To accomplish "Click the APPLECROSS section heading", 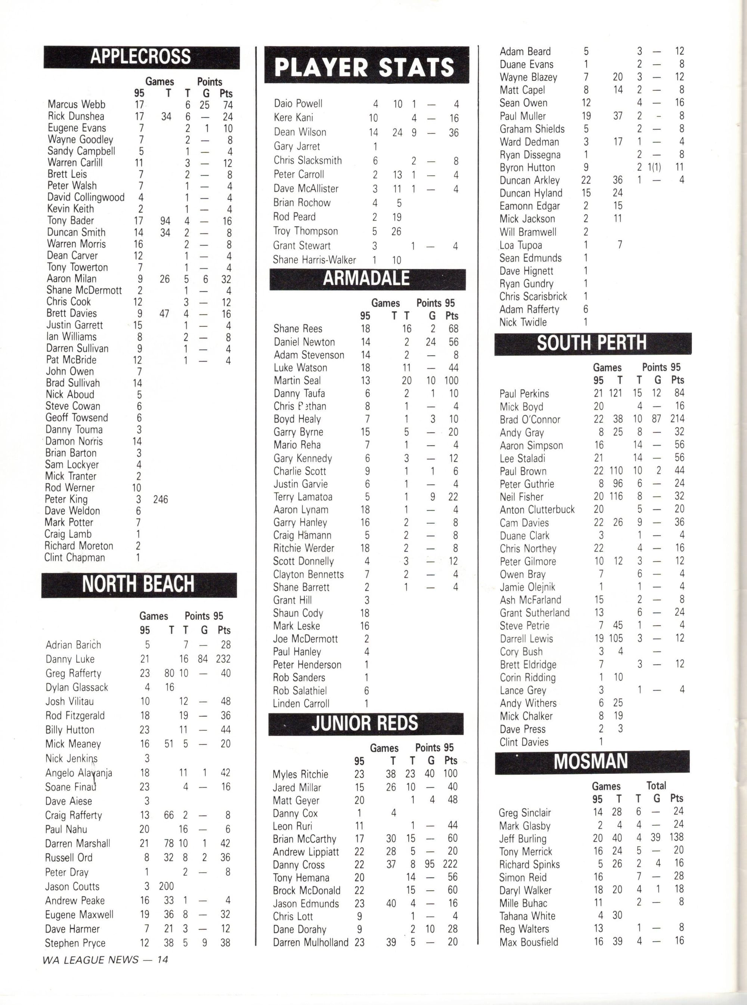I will tap(141, 57).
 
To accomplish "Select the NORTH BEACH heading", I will tap(138, 584).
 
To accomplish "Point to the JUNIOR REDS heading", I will tap(365, 723).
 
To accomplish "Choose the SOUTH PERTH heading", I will tap(592, 343).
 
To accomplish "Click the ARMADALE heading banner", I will tap(367, 279).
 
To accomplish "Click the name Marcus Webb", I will tap(77, 105).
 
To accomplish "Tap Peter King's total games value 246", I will tap(161, 500).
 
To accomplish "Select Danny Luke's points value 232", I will tap(223, 659).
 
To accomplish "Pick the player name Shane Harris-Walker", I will tap(314, 260).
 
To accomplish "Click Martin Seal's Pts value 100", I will tap(451, 380).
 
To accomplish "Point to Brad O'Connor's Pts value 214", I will tap(678, 419).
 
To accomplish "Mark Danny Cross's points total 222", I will tap(450, 864).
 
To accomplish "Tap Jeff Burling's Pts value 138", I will tap(676, 837).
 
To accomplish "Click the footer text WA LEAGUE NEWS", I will tap(90, 960).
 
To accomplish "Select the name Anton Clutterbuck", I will tap(537, 509).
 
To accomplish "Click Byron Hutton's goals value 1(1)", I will tap(654, 167).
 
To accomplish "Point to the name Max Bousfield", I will tap(529, 942).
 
